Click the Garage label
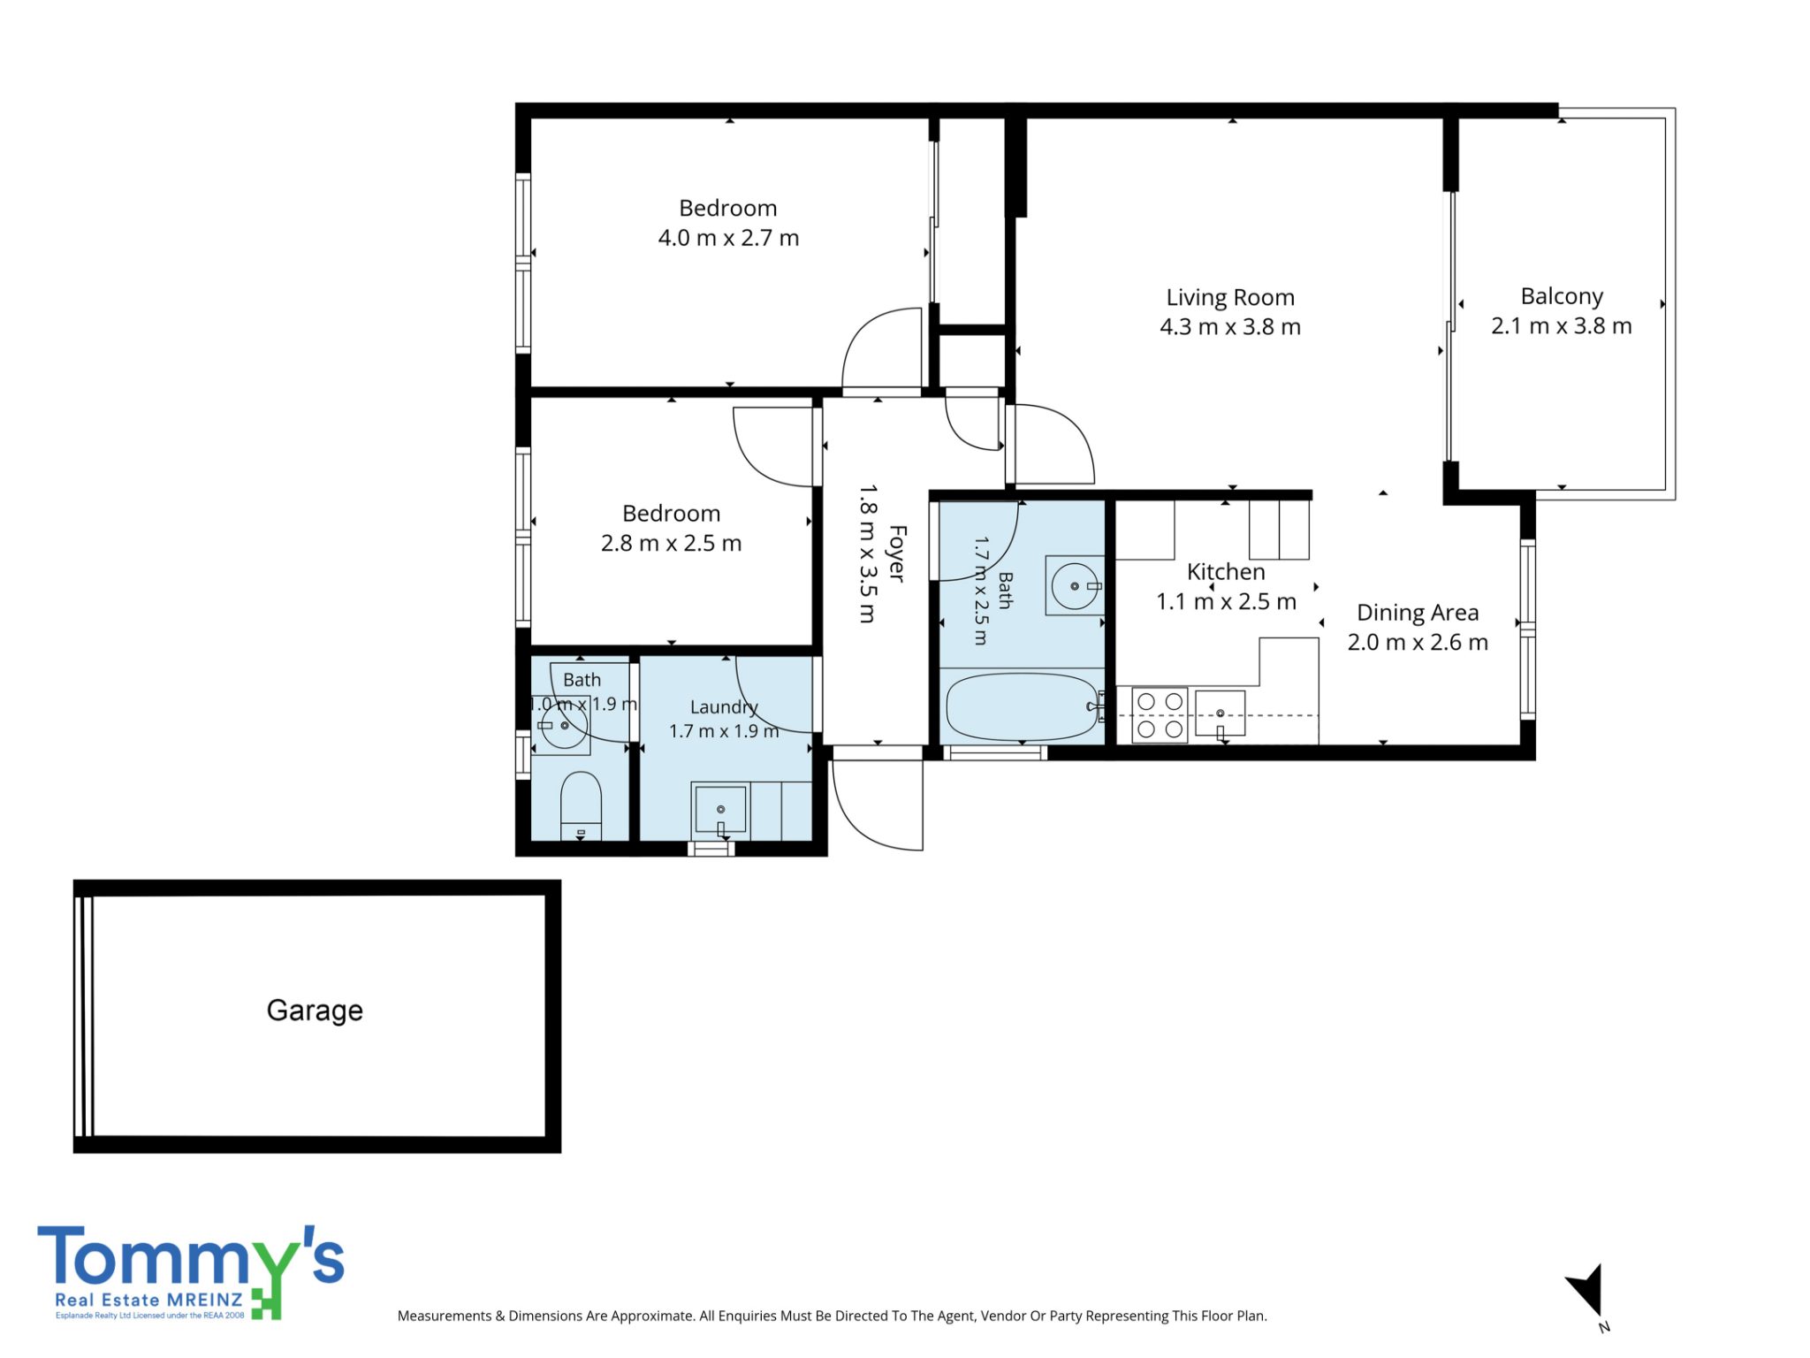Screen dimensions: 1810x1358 [x=315, y=1011]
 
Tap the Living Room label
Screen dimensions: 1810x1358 [x=1230, y=298]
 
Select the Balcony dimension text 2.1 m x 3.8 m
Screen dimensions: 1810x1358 [x=1562, y=326]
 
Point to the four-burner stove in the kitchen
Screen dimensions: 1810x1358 [x=1160, y=714]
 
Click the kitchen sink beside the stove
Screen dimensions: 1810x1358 [x=1220, y=713]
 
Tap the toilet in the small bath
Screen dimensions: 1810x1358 [x=581, y=805]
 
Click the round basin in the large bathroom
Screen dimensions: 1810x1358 [x=1075, y=585]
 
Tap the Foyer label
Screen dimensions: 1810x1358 [x=897, y=553]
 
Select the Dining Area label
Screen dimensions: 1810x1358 [x=1418, y=613]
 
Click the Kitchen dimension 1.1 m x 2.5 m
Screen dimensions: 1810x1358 [x=1226, y=602]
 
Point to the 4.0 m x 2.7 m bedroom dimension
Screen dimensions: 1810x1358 [x=728, y=238]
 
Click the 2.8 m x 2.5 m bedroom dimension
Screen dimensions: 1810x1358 [x=671, y=543]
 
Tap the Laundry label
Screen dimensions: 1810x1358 [x=724, y=707]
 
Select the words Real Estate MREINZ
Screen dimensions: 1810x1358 [x=148, y=1300]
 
